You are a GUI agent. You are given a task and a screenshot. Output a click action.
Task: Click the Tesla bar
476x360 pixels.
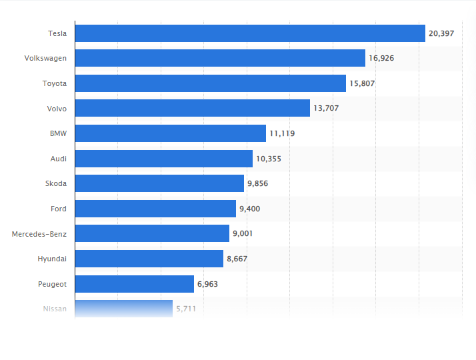[x=250, y=33]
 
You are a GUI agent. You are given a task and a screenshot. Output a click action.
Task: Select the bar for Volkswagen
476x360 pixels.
[x=220, y=58]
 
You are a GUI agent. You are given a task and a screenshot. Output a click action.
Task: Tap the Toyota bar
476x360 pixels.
[x=211, y=83]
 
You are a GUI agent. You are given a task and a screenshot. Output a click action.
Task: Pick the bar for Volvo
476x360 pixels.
[x=193, y=108]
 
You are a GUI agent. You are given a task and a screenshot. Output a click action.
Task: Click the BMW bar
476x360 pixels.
[x=171, y=133]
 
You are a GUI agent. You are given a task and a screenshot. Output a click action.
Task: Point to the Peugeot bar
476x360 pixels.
[x=135, y=284]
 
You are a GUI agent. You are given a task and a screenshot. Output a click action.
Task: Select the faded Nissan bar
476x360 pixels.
[x=124, y=309]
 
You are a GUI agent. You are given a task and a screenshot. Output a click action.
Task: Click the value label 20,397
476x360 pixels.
[x=441, y=33]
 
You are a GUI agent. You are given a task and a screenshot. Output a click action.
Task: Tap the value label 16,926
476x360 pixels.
[x=381, y=59]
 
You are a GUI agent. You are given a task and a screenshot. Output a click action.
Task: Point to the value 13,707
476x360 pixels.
[x=326, y=109]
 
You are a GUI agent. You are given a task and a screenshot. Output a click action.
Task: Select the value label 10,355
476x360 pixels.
[x=269, y=159]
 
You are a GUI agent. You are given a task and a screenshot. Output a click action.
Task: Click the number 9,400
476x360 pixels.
[x=249, y=209]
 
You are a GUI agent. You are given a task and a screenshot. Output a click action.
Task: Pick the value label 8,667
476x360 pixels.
[x=237, y=259]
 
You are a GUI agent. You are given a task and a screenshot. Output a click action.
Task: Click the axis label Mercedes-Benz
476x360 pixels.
[x=39, y=234]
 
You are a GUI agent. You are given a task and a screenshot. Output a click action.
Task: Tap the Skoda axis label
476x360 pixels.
[x=55, y=183]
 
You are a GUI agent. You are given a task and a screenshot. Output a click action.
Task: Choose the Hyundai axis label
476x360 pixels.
[x=52, y=259]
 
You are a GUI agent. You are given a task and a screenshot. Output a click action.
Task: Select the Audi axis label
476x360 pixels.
[x=58, y=159]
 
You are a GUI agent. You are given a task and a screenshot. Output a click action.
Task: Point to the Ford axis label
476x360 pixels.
[x=58, y=209]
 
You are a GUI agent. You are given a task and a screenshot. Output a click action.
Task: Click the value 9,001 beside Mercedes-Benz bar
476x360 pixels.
[x=243, y=234]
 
